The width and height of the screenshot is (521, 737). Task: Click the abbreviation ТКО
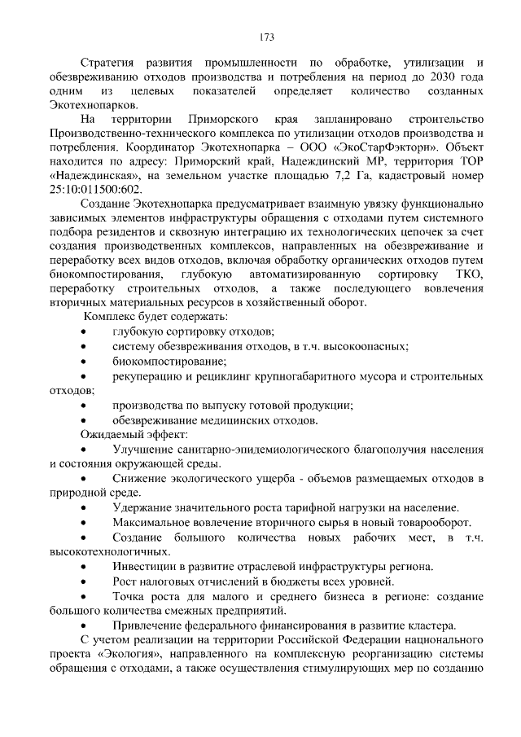tap(470, 273)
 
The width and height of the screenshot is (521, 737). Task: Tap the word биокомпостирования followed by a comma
tap(103, 273)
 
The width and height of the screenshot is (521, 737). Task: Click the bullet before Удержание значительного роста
tap(85, 507)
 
